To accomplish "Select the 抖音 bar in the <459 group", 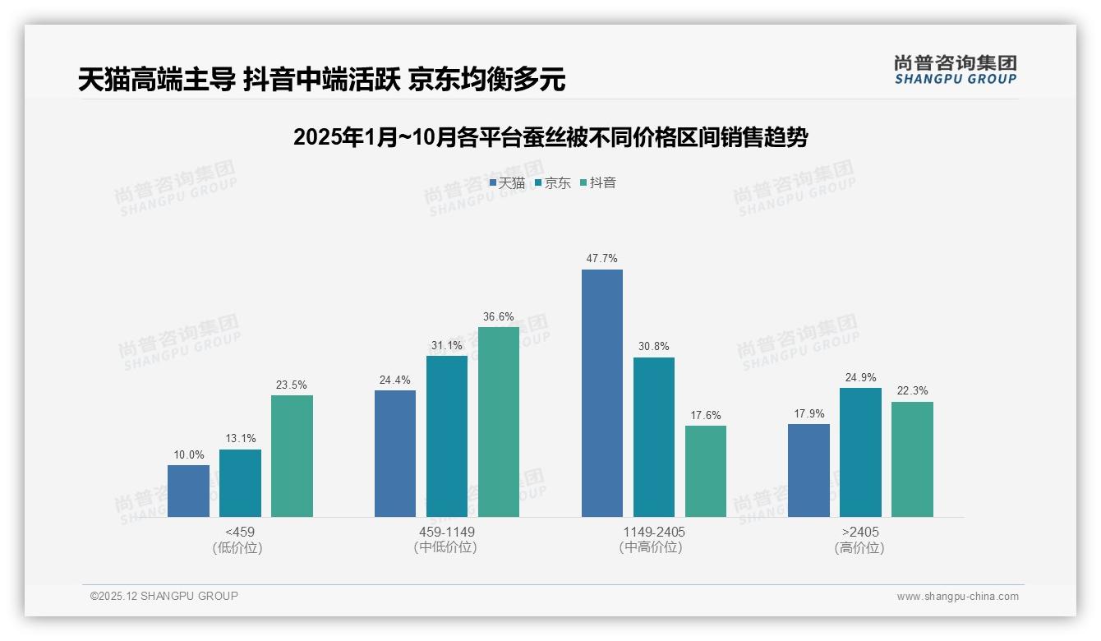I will coord(292,456).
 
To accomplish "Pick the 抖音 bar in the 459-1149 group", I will coord(499,422).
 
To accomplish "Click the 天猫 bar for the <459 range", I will coord(188,491).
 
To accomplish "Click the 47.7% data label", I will coord(601,258).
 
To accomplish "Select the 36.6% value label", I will coord(499,316).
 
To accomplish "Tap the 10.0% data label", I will coord(188,454).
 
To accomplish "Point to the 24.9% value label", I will coord(860,377).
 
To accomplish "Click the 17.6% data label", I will coord(706,415).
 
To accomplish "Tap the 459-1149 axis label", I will coord(446,532).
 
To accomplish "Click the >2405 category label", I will coord(859,532).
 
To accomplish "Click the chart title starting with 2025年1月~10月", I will coord(550,137).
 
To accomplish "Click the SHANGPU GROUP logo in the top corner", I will coord(955,70).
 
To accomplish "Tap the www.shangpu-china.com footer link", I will coord(957,597).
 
